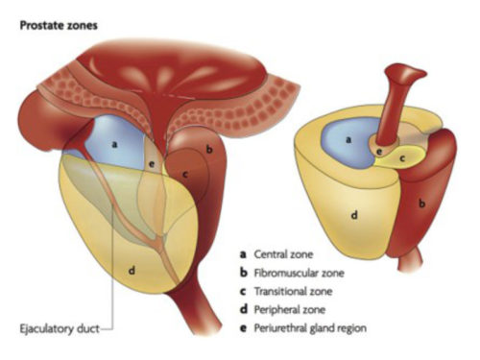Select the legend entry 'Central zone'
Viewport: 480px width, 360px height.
(x=287, y=255)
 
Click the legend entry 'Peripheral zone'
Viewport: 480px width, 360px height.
(x=293, y=310)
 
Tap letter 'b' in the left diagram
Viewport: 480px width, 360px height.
(x=209, y=151)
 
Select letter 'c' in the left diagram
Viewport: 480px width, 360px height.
(x=185, y=175)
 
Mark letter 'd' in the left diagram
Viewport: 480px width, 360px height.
(x=132, y=273)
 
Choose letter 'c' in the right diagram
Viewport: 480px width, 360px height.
(x=402, y=156)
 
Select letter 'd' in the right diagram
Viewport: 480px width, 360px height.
(x=353, y=215)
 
